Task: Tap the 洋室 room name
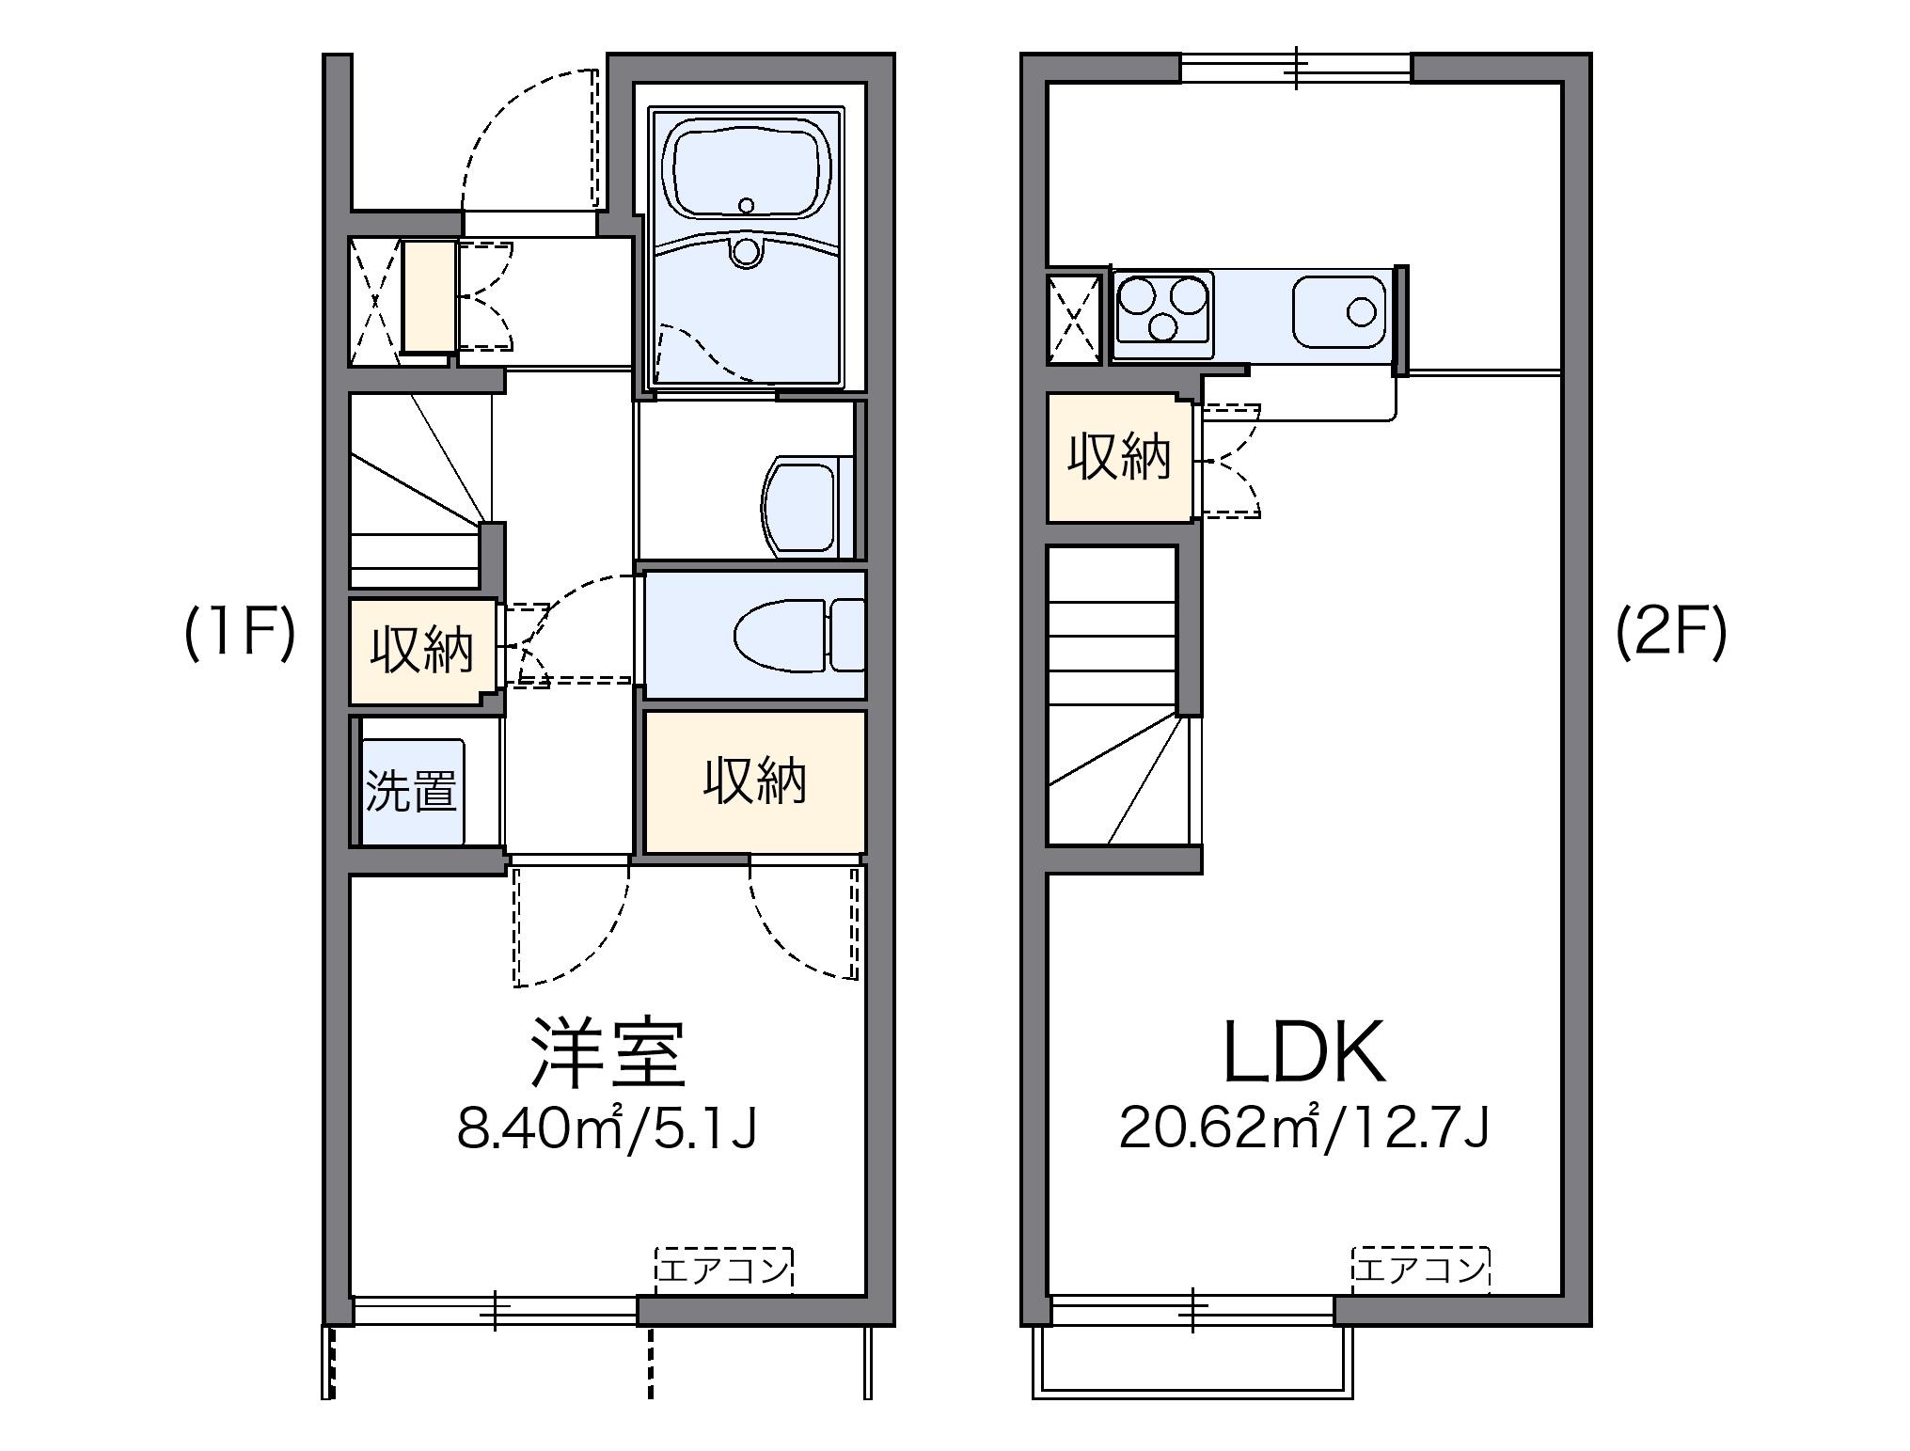coord(607,1052)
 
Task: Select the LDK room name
coord(1304,1052)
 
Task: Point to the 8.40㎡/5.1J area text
coord(607,1128)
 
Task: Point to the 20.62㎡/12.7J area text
coord(1304,1128)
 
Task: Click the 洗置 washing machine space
coord(412,792)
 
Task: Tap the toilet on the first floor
coord(799,636)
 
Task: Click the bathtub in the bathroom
coord(747,174)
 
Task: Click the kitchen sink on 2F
coord(1339,311)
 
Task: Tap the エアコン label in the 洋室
coord(723,1270)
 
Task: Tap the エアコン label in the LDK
coord(1420,1270)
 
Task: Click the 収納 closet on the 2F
coord(1119,458)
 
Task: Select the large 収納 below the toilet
coord(754,782)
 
